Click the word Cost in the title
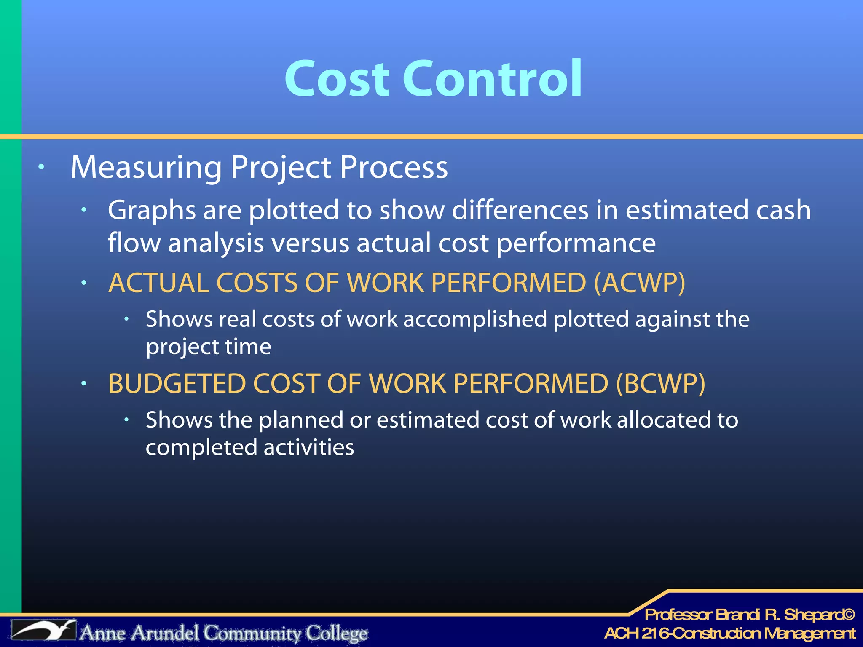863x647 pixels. pyautogui.click(x=337, y=79)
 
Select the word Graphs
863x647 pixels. pyautogui.click(x=151, y=211)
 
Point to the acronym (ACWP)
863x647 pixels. pyautogui.click(x=639, y=283)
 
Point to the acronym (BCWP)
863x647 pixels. pyautogui.click(x=660, y=384)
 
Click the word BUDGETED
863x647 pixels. pyautogui.click(x=177, y=384)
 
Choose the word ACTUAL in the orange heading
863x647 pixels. pyautogui.click(x=158, y=283)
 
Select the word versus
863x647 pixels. pyautogui.click(x=310, y=243)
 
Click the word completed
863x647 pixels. pyautogui.click(x=201, y=448)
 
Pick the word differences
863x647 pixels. pyautogui.click(x=520, y=210)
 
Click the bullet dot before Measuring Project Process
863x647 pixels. pyautogui.click(x=41, y=167)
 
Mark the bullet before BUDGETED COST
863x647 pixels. pyautogui.click(x=84, y=383)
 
